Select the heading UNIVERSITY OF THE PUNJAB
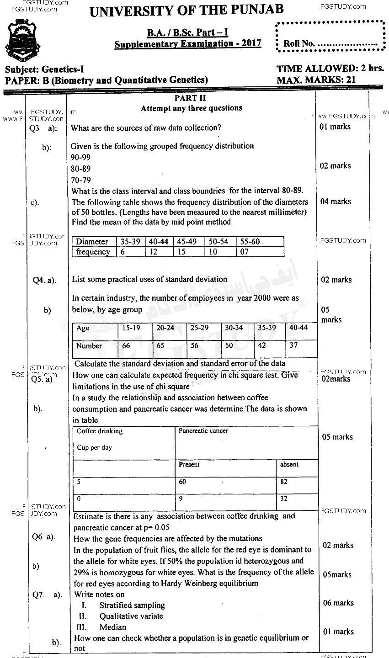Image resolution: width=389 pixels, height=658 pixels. click(x=187, y=10)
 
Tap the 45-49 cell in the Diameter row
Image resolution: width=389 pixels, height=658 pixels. click(x=187, y=242)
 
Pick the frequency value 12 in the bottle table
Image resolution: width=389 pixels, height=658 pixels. click(x=155, y=252)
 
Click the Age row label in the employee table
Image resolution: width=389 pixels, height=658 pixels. click(x=83, y=328)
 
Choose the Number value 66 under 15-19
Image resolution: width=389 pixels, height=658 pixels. click(x=126, y=345)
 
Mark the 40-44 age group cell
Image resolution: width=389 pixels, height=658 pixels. click(x=298, y=328)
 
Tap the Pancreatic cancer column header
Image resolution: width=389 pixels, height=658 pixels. click(x=203, y=431)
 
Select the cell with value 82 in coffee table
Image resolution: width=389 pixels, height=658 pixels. click(x=284, y=482)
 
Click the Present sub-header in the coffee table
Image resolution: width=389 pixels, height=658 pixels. click(x=189, y=465)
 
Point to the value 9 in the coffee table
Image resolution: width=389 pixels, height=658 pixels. click(x=181, y=499)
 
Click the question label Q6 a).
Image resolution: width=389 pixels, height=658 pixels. click(x=43, y=537)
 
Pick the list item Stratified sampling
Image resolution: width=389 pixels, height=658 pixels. click(x=132, y=605)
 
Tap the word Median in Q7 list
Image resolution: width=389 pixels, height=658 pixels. click(x=113, y=627)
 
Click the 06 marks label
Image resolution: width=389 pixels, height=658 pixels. click(x=338, y=603)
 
